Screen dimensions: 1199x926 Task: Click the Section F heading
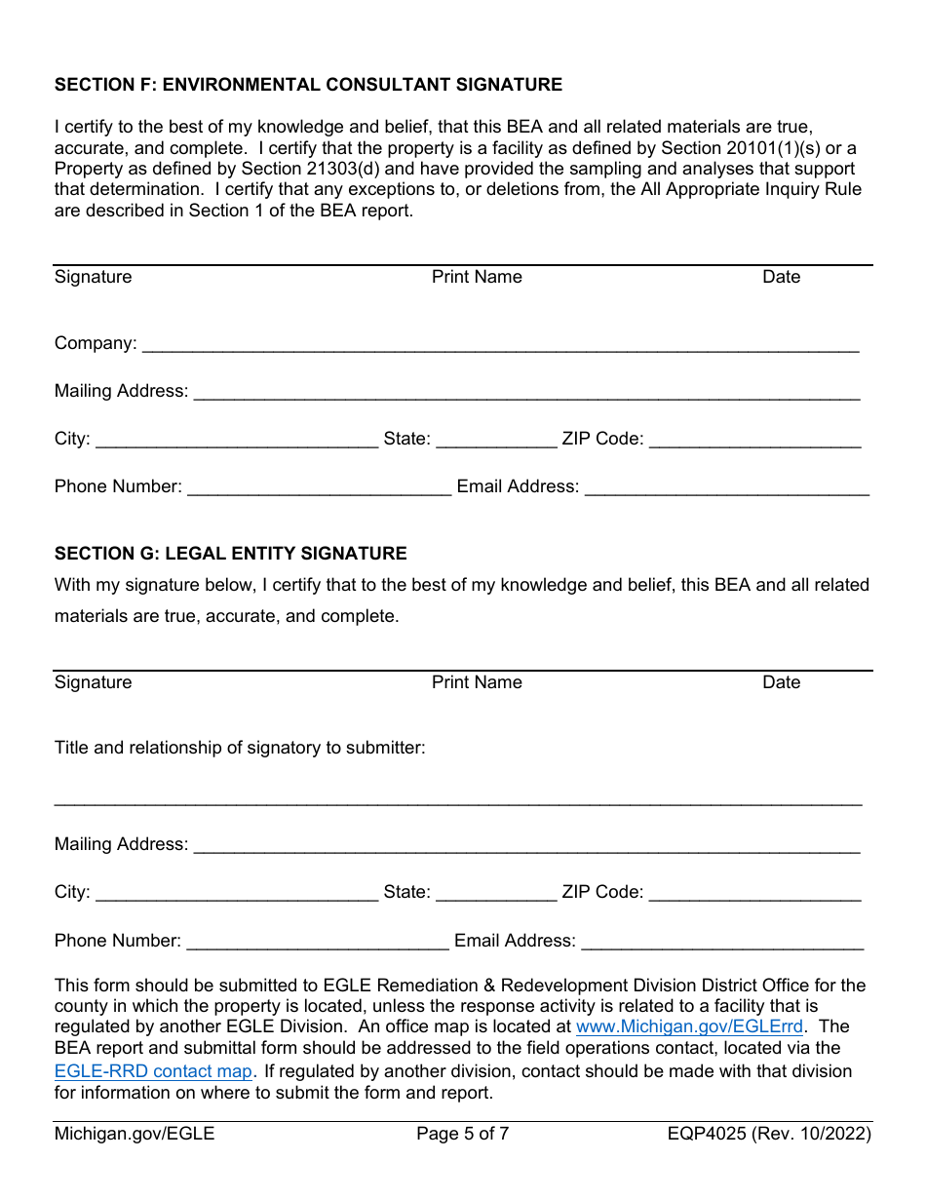[308, 85]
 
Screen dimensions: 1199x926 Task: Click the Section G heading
[230, 554]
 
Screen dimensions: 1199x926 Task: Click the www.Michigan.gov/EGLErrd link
[689, 1026]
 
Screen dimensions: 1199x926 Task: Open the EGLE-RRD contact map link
[153, 1071]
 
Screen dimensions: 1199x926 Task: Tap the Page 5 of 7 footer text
[462, 1134]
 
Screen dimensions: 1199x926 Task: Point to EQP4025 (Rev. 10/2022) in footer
[769, 1134]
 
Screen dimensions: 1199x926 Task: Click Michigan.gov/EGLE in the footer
[135, 1134]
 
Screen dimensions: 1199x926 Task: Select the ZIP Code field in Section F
[754, 440]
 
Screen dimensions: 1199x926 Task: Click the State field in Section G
[496, 893]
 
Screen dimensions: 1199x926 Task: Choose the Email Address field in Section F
[726, 487]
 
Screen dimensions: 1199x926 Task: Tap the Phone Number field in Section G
[317, 942]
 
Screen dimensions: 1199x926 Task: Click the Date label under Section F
[781, 277]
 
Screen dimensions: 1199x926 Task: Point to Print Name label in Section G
[477, 682]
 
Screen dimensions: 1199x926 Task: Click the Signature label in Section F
[93, 277]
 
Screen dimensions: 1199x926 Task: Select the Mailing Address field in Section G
[526, 845]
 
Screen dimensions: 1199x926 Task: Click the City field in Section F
[237, 440]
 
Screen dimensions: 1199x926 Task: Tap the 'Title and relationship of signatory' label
[240, 748]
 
